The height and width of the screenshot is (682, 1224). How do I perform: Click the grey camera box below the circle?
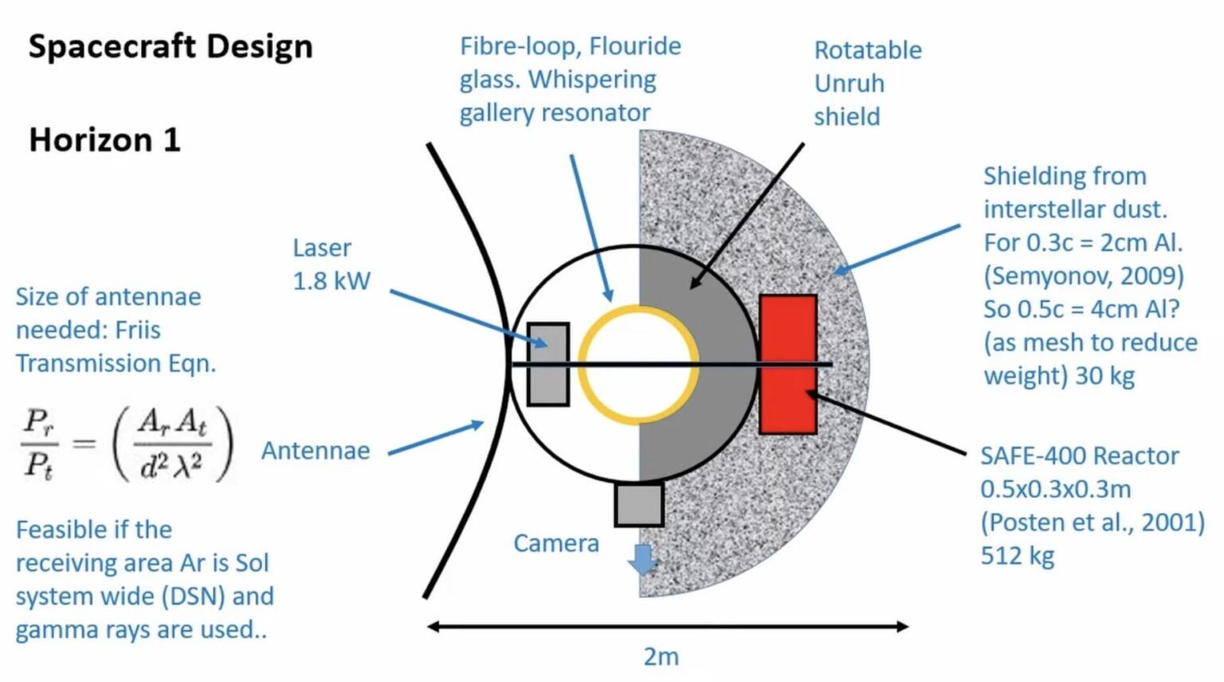(639, 504)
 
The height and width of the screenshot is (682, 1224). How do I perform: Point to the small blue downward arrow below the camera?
(641, 559)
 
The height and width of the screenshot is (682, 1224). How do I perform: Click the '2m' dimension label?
(661, 657)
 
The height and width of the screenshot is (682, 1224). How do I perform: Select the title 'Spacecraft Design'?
(171, 46)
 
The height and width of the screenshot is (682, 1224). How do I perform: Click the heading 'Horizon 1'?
(104, 140)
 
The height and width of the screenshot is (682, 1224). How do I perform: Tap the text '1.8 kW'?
(331, 281)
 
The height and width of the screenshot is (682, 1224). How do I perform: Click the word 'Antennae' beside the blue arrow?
(316, 451)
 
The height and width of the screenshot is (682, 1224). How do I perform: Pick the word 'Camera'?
(556, 543)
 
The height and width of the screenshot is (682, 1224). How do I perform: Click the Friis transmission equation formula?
(127, 443)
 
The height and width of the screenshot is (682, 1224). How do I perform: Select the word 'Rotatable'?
(868, 50)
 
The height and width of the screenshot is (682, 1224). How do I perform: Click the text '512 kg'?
(1018, 555)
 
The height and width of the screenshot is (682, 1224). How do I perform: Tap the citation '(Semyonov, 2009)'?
(1084, 276)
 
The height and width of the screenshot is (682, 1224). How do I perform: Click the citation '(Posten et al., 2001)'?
(1093, 522)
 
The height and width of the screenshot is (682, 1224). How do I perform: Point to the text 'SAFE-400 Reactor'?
(1079, 456)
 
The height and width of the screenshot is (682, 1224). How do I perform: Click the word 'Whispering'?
(592, 80)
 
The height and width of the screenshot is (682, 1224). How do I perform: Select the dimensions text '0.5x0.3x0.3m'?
(1055, 489)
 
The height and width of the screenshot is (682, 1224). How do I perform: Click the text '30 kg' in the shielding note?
(1104, 376)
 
